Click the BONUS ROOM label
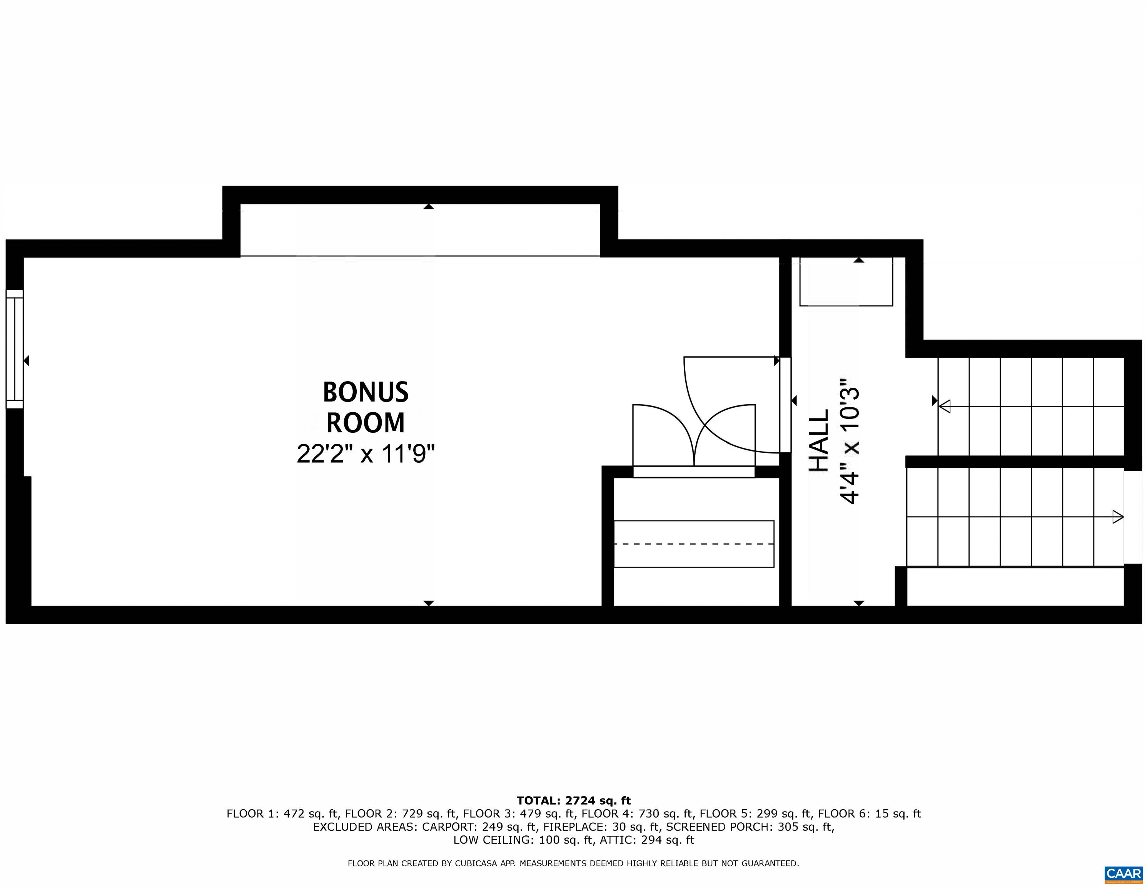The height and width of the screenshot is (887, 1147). tap(366, 407)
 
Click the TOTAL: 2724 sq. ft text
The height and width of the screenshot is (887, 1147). tap(573, 800)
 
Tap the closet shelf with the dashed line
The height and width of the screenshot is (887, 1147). tap(693, 544)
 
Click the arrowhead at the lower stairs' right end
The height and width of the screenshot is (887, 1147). tap(1118, 517)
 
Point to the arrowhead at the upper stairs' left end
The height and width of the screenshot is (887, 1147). tap(944, 406)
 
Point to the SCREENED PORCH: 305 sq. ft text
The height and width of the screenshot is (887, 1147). tap(750, 827)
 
